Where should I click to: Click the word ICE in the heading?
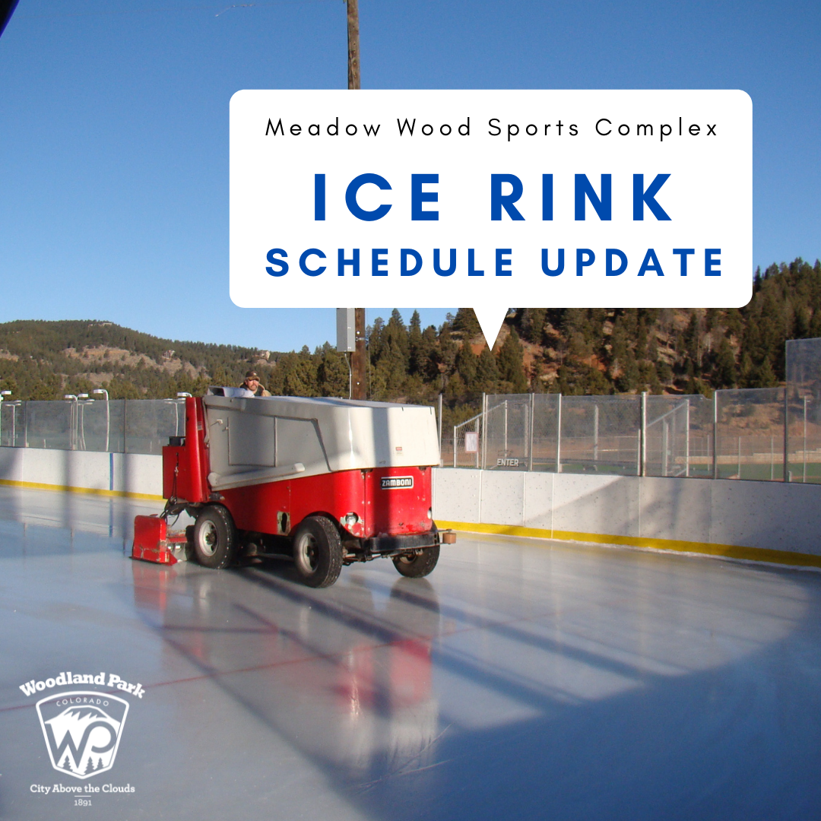click(377, 198)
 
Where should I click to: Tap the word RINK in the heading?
click(582, 198)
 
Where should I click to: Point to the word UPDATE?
click(632, 262)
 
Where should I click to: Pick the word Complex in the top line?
click(657, 128)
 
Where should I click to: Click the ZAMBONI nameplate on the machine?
click(397, 482)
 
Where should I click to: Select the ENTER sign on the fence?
click(508, 462)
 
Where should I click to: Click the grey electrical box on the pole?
click(346, 329)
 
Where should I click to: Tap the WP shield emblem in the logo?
click(82, 732)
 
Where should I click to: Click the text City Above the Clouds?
click(82, 788)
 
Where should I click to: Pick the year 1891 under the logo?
click(82, 802)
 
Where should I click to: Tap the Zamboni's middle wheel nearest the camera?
click(317, 552)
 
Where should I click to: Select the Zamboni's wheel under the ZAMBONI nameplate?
click(417, 559)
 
